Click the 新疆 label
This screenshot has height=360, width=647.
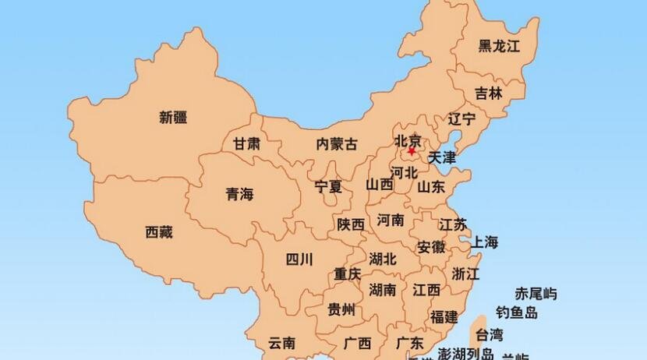coord(173,118)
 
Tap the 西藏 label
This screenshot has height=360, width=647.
coord(159,231)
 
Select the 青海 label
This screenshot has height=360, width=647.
coord(239,194)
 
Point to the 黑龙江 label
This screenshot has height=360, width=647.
coord(499,46)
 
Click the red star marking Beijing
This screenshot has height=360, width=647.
coord(412,150)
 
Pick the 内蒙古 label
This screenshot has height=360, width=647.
coord(338,143)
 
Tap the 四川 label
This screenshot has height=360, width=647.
coord(299,259)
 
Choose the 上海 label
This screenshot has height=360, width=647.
coord(483,242)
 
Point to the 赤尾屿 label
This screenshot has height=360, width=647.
coord(536,294)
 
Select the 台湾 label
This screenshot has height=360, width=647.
coord(490,336)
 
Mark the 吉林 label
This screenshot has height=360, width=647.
coord(489,93)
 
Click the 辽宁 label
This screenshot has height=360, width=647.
coord(461,119)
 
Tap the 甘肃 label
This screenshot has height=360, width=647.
coord(247,143)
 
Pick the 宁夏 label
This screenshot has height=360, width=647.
coord(328,186)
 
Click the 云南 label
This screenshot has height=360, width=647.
coord(281,342)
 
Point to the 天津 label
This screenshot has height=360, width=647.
coord(442,157)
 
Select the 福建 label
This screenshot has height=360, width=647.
coord(444,316)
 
